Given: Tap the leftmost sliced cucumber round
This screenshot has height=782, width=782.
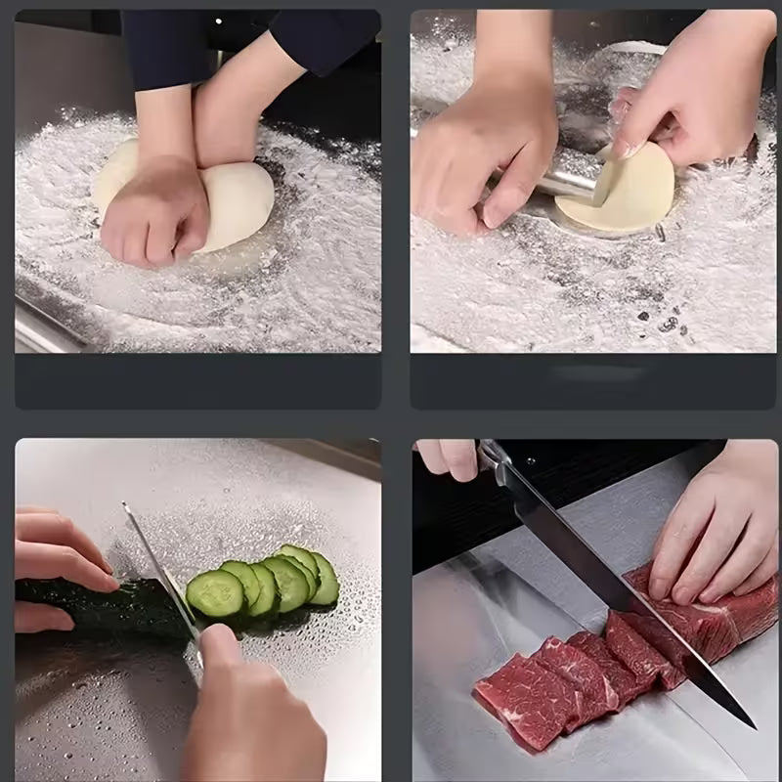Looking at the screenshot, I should click(215, 592).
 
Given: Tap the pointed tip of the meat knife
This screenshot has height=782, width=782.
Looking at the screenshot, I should click(751, 724).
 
